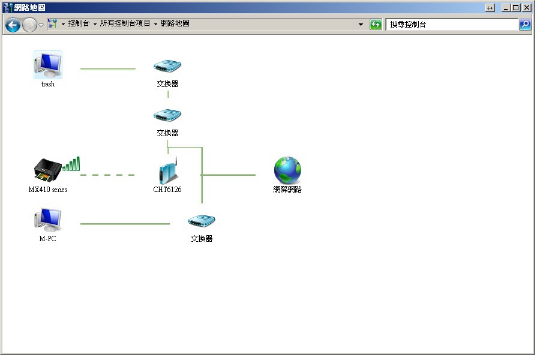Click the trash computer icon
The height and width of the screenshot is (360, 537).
(48, 65)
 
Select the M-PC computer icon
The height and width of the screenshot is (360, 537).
(48, 220)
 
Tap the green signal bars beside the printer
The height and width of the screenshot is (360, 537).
(71, 164)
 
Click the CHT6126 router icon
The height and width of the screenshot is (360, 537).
(168, 171)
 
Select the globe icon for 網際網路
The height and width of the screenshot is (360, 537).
(288, 170)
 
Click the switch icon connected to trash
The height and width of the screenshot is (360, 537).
(167, 66)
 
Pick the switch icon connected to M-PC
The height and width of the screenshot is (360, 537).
(202, 221)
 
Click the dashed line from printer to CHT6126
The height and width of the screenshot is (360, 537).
(108, 175)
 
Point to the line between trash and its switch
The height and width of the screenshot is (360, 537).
(108, 69)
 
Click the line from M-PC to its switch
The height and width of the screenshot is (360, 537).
(125, 224)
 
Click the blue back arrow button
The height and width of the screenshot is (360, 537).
(13, 25)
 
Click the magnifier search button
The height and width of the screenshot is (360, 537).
(525, 25)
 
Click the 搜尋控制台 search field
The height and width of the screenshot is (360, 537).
(452, 25)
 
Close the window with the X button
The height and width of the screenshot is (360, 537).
(527, 8)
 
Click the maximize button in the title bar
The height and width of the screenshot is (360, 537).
(516, 8)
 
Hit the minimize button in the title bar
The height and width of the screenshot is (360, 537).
(506, 8)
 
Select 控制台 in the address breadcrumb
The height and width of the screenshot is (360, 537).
(79, 23)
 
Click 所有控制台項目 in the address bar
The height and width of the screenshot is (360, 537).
(125, 23)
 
